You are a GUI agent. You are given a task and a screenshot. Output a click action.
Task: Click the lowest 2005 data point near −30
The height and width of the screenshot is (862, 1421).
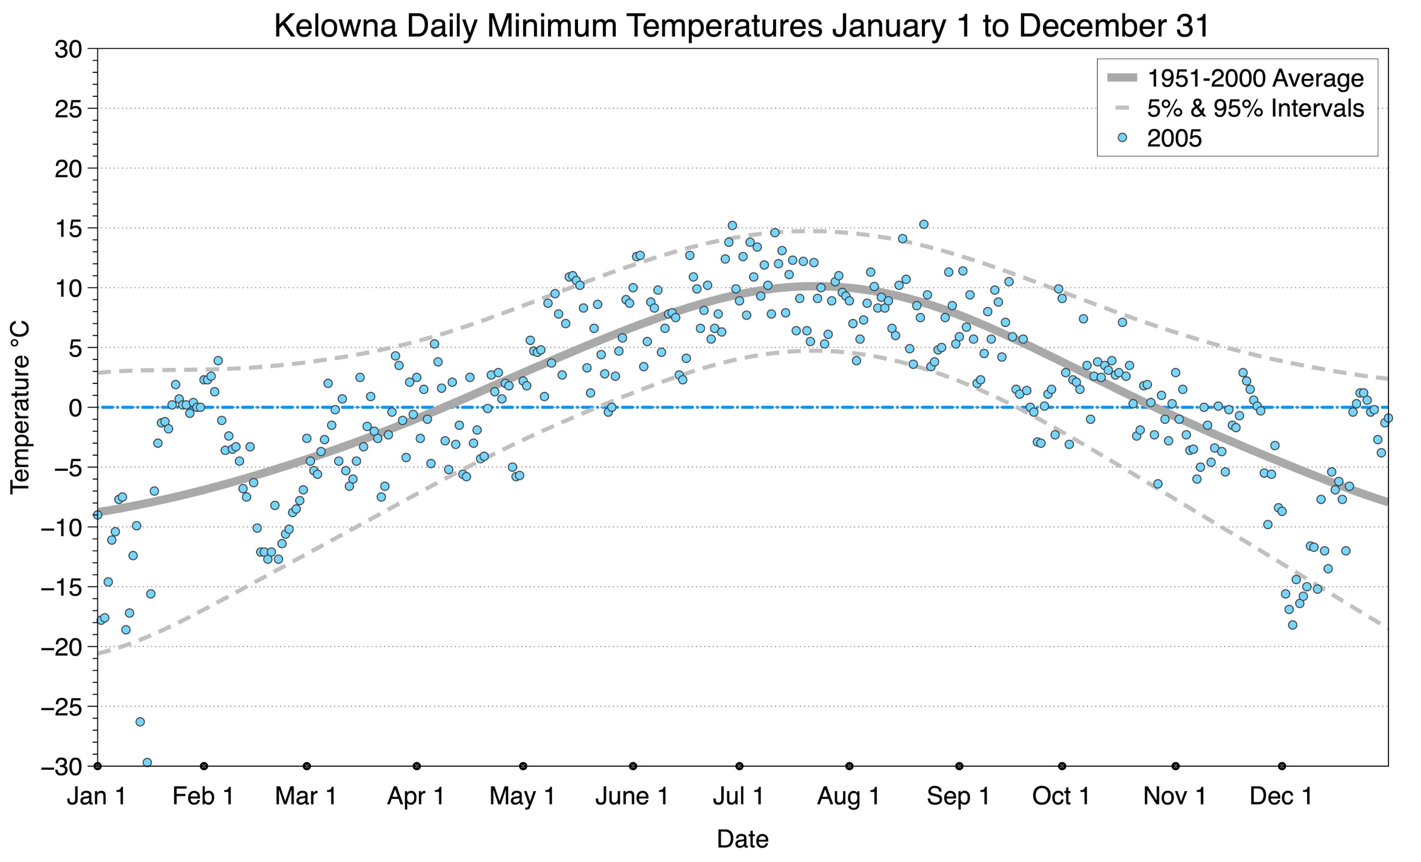pos(147,762)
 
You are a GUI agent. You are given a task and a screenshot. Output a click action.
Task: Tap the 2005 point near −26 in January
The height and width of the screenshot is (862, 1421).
pos(140,721)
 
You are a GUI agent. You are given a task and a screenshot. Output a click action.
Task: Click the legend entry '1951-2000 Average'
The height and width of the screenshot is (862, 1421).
pos(1255,78)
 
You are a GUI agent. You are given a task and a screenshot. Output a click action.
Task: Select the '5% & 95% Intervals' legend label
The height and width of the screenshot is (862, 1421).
pos(1255,108)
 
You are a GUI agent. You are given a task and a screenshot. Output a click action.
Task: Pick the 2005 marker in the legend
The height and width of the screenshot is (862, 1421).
pos(1122,138)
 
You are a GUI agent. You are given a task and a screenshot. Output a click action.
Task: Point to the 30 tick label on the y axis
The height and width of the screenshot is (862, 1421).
pos(68,49)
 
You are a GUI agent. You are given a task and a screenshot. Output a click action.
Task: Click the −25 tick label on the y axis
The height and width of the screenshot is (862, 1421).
pos(61,706)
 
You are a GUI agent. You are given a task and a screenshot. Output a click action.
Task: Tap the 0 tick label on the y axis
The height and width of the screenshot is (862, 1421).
pos(75,408)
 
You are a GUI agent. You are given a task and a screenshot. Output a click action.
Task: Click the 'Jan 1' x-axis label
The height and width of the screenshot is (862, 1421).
pos(96,796)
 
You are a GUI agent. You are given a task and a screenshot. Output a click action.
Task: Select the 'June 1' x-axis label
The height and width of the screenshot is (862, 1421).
pos(632,796)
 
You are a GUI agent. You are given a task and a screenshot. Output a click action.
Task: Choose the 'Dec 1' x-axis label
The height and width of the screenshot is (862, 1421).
pos(1281,796)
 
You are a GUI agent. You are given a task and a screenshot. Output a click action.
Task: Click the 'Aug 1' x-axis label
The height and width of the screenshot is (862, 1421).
pos(848,796)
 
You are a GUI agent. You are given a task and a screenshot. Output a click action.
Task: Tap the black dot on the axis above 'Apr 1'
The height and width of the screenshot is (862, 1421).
pos(416,766)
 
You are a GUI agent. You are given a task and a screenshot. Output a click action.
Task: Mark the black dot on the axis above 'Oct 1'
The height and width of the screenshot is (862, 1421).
pos(1062,766)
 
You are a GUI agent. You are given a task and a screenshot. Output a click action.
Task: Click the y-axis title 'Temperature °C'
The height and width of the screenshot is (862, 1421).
pos(20,408)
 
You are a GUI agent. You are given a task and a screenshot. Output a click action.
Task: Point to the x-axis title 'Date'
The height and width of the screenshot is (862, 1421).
pos(742,839)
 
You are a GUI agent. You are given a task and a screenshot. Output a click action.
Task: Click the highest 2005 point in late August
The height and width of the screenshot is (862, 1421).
pos(923,224)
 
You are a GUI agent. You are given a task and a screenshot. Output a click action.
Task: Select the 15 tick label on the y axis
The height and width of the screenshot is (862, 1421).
pos(68,228)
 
